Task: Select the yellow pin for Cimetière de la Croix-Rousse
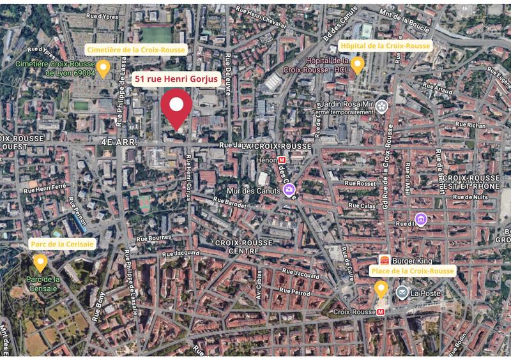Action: pos(103,68)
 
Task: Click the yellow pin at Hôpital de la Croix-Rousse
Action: pos(358,64)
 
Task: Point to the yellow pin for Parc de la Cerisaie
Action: pos(41,262)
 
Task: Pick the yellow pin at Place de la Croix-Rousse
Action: pos(381,289)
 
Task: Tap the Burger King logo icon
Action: pos(385,260)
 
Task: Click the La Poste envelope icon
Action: pos(402,292)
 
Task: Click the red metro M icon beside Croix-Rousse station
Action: pos(381,312)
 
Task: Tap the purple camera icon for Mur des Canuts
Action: pos(289,189)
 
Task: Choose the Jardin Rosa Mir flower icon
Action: pos(382,105)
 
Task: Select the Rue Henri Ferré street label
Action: pos(44,188)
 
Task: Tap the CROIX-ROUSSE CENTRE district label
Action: pos(243,247)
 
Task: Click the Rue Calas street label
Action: pos(361,206)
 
